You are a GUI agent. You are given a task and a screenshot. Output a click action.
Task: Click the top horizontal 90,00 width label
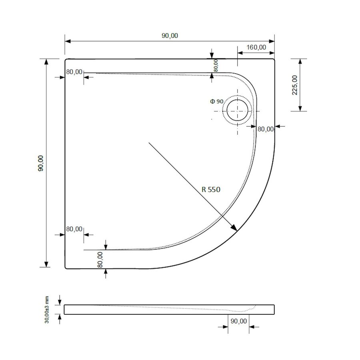[170, 36]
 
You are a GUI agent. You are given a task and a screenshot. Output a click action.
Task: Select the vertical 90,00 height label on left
[40, 163]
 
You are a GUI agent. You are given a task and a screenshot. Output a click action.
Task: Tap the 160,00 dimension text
[256, 47]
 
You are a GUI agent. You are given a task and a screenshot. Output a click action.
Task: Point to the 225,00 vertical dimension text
[295, 85]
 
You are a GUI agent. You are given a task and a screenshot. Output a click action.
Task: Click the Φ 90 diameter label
[216, 102]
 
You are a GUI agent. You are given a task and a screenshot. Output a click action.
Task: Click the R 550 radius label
[211, 190]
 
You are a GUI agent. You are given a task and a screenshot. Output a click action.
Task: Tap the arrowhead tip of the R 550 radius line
[237, 230]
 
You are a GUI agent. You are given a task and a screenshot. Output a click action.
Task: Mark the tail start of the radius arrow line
[149, 142]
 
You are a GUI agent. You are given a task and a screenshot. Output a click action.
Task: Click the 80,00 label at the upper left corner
[74, 72]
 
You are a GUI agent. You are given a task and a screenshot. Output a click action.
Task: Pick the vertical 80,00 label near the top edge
[216, 65]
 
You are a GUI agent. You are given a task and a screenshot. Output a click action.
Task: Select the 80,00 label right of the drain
[265, 129]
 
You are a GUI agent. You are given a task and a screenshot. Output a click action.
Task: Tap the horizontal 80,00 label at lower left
[74, 229]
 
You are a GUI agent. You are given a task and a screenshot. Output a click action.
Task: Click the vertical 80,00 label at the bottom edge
[100, 259]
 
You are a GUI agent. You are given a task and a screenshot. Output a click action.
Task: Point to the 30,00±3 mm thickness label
[46, 310]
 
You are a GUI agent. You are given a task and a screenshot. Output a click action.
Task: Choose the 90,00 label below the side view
[239, 321]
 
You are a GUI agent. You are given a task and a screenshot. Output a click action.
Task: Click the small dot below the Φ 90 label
[212, 119]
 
